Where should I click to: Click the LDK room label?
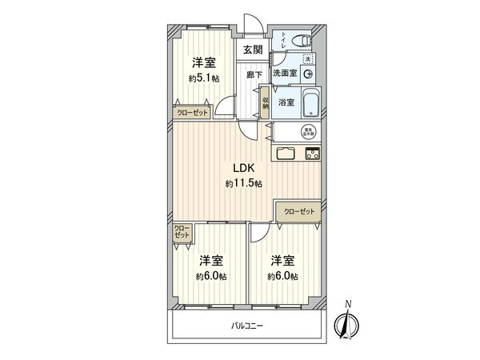pos(243,170)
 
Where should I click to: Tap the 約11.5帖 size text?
pos(243,184)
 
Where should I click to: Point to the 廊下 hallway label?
pos(254,74)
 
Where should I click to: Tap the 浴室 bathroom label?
pos(285,103)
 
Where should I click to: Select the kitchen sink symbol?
pos(287,153)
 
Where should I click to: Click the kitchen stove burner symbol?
pos(310,153)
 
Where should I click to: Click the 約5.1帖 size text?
pos(205,78)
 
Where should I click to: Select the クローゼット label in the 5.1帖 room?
pos(193,113)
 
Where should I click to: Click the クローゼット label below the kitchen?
pos(299,211)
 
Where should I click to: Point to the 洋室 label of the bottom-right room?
pos(282,261)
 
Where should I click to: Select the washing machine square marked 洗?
pos(310,58)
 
